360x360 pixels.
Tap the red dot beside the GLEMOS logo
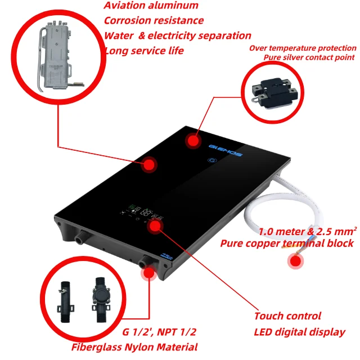coord(193,141)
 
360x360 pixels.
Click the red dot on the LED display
coord(155,226)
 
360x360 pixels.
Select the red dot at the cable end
coord(294,261)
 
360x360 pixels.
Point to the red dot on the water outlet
coord(149,272)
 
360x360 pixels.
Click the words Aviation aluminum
coord(151,6)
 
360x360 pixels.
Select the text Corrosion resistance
coord(154,21)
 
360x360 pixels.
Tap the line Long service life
coord(144,51)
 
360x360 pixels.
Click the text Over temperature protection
coord(301,48)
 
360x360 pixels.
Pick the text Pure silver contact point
coord(309,57)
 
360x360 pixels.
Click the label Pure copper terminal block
coord(287,243)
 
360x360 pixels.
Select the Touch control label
coord(287,316)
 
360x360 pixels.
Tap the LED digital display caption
coord(299,332)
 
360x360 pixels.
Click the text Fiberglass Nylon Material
coord(134,346)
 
